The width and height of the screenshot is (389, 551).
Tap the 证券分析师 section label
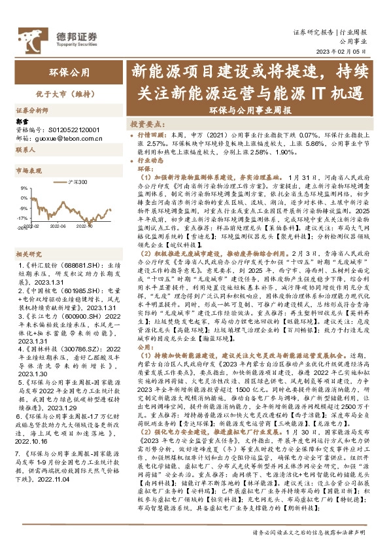click(x=32, y=111)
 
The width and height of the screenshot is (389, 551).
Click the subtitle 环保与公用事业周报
click(x=251, y=111)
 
